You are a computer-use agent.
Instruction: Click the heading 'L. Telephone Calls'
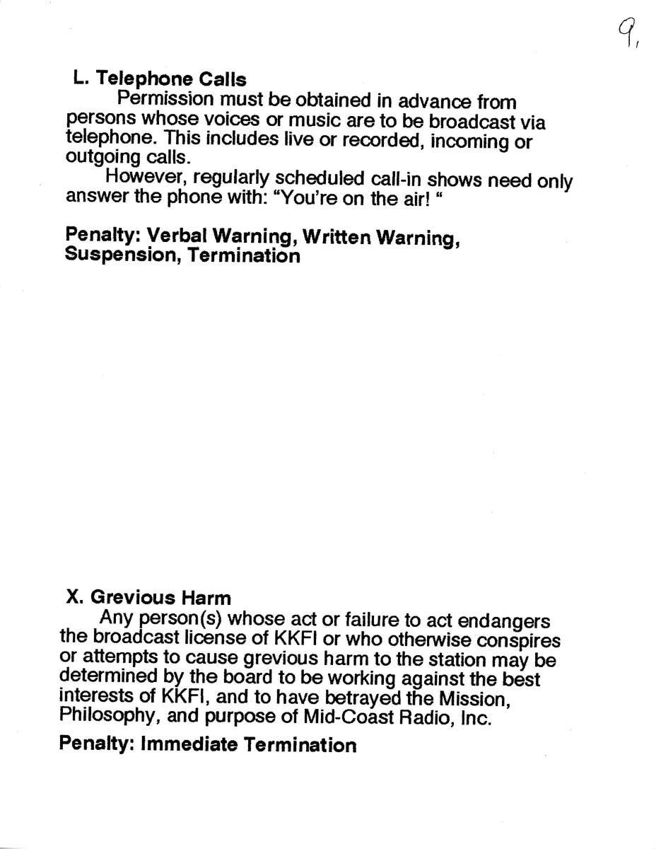pyautogui.click(x=160, y=79)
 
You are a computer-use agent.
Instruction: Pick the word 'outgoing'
pyautogui.click(x=97, y=158)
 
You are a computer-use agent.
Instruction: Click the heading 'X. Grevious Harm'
pyautogui.click(x=148, y=596)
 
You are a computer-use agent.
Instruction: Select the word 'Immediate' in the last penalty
pyautogui.click(x=189, y=745)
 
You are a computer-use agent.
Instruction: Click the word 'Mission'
pyautogui.click(x=475, y=699)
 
